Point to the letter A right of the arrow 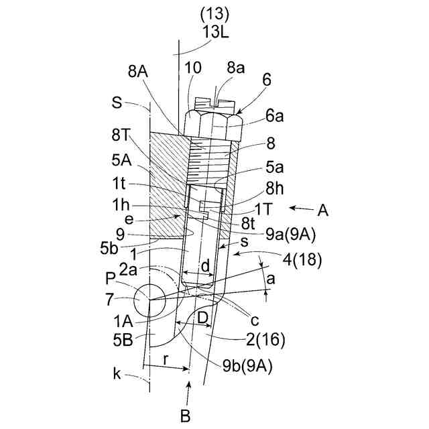(x=322, y=210)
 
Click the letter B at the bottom (x=186, y=416)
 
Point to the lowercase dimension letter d (x=205, y=266)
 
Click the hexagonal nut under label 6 (x=212, y=122)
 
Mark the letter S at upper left (x=117, y=104)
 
